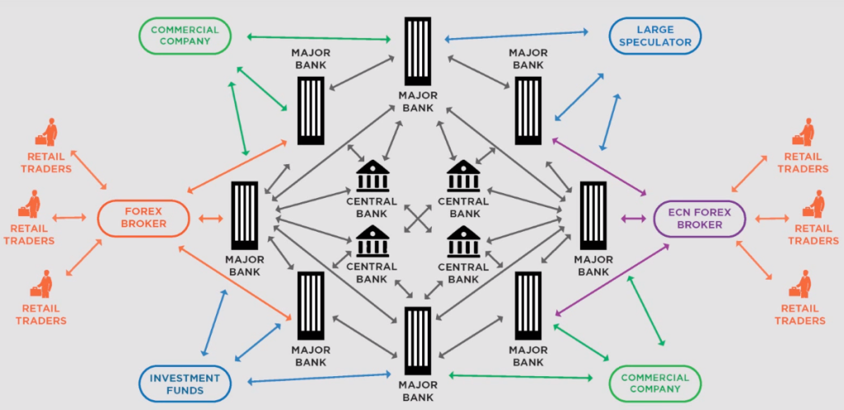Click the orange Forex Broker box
click(x=144, y=218)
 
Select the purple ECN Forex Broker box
click(x=701, y=218)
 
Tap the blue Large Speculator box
click(x=655, y=36)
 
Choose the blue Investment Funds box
click(x=185, y=384)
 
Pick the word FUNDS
click(x=185, y=391)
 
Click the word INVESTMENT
click(x=185, y=379)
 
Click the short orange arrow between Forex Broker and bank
click(x=210, y=219)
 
